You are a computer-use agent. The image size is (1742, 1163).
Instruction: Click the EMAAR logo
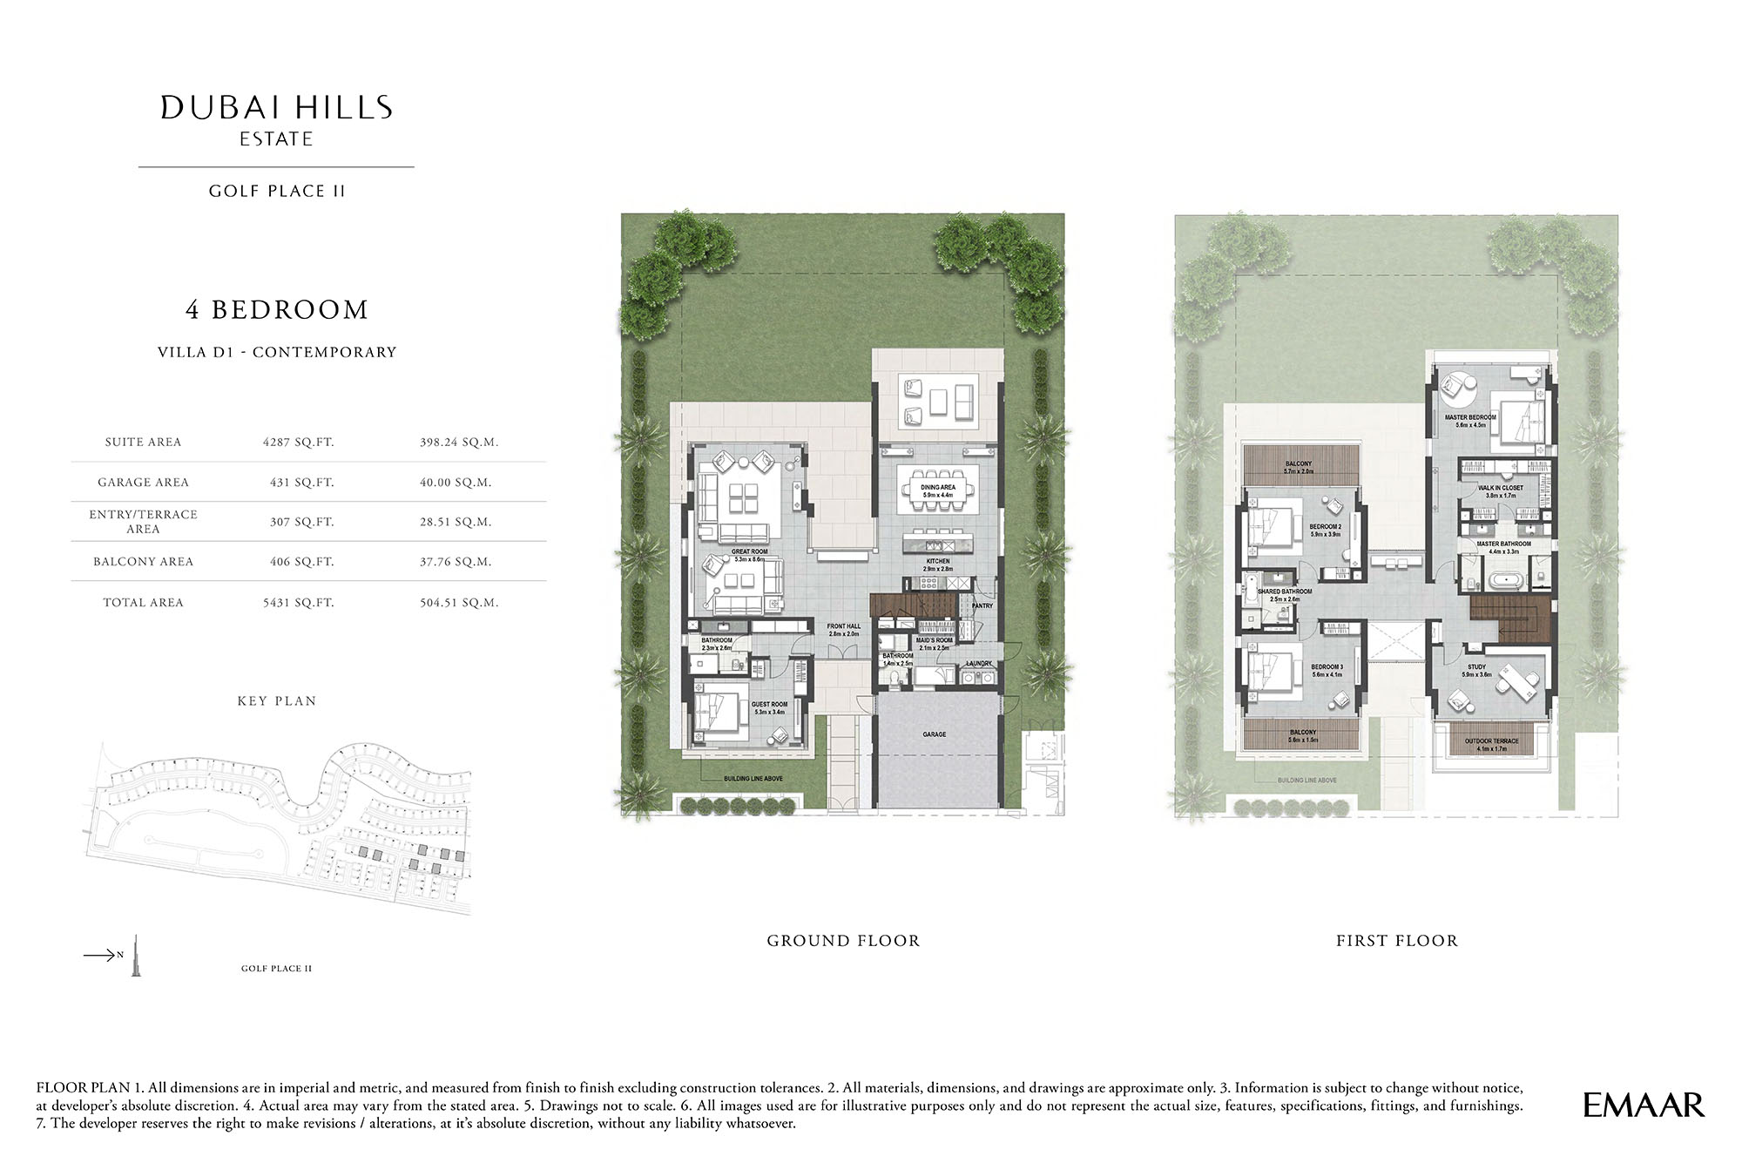(1643, 1105)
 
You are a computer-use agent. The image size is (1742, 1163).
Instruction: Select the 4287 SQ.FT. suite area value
(299, 442)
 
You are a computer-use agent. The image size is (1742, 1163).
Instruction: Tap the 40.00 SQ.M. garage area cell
(456, 482)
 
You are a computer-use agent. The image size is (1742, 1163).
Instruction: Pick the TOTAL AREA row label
(143, 602)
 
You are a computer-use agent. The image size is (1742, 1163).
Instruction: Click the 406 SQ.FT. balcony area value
(301, 562)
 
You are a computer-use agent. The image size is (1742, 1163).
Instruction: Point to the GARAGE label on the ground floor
(935, 734)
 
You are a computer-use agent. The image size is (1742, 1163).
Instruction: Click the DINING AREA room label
(938, 487)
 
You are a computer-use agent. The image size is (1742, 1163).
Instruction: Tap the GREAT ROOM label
(749, 551)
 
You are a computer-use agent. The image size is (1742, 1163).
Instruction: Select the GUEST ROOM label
(769, 704)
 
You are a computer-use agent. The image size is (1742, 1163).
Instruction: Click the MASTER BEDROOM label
(1470, 417)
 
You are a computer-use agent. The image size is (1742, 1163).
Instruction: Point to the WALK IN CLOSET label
(1501, 488)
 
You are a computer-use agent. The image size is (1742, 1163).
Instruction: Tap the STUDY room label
(1476, 666)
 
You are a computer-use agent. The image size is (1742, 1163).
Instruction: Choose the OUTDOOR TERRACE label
(1491, 741)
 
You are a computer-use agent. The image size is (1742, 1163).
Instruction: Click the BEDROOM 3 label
(1327, 666)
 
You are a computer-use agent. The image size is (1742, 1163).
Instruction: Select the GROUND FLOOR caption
(843, 941)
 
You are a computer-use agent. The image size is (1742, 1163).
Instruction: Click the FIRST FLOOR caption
(1397, 941)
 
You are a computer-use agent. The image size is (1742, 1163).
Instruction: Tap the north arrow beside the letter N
(98, 956)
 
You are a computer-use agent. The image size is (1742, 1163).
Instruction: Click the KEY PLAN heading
(277, 700)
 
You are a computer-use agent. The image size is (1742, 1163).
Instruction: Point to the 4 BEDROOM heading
(277, 310)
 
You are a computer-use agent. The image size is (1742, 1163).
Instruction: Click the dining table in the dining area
(938, 504)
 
